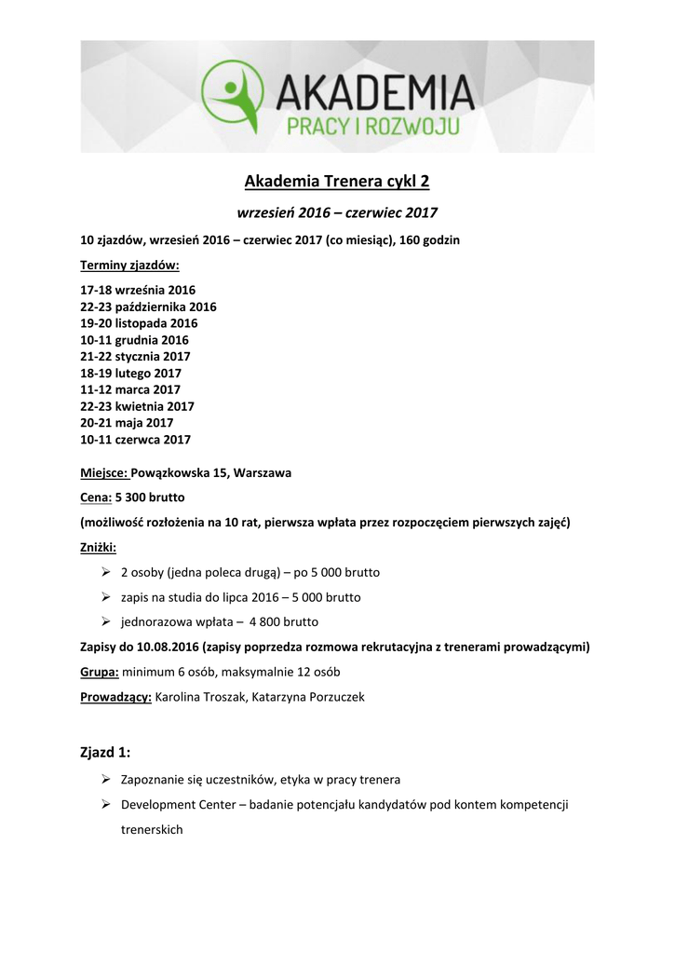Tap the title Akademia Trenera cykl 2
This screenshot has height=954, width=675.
point(337,181)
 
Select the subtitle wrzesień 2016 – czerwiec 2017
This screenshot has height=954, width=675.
point(337,212)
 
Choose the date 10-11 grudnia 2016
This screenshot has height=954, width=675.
point(134,340)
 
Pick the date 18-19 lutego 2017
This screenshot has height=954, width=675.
point(130,373)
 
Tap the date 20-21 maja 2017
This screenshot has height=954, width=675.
point(127,422)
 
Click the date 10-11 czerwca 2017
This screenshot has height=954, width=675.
point(135,439)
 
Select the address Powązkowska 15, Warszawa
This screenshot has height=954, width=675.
point(211,472)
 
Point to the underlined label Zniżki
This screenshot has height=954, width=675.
point(99,547)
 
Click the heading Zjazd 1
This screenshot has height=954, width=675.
point(105,752)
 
